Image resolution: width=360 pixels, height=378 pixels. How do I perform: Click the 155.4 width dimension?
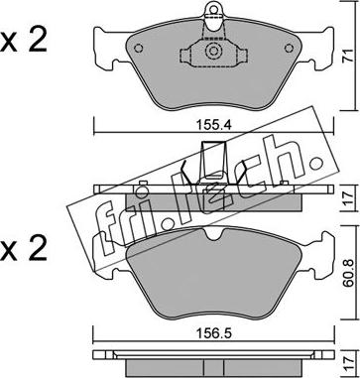[x=214, y=125]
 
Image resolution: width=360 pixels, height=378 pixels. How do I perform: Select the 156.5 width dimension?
[x=214, y=333]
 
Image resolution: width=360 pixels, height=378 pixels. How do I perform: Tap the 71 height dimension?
[x=347, y=56]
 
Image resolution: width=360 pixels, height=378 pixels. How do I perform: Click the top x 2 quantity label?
[x=23, y=41]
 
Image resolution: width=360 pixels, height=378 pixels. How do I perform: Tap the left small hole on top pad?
[x=139, y=49]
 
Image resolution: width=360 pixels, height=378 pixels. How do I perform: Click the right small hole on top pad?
[x=290, y=49]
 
